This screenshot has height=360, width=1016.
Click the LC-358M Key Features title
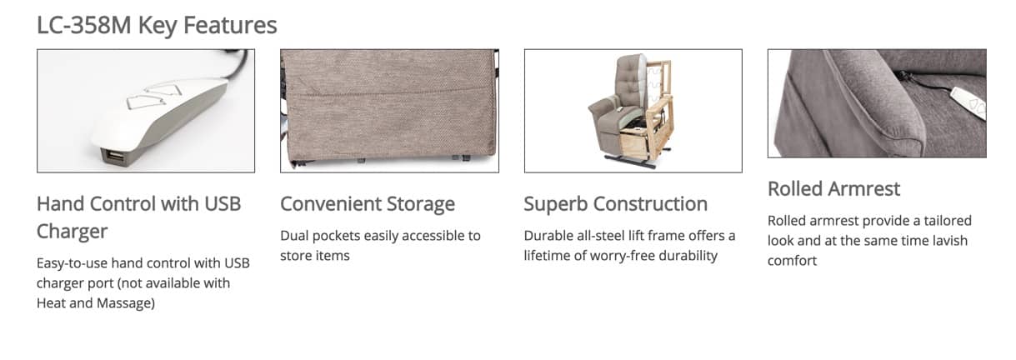coord(157,25)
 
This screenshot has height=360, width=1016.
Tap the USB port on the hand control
coord(114,157)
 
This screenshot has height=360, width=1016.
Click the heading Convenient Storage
coord(368,204)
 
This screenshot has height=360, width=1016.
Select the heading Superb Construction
coord(615,204)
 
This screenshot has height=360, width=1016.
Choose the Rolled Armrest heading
coord(833,188)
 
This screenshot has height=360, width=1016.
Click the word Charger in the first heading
coord(73,232)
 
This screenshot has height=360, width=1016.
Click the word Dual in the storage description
coord(294,236)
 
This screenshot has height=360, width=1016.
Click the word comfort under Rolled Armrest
coord(792,261)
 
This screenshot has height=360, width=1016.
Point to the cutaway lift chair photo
coord(633,111)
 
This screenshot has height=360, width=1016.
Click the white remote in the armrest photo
coord(968,103)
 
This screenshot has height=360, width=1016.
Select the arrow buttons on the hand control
coord(154,95)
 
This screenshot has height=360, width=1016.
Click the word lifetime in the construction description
coord(547,256)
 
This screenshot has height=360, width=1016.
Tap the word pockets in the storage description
coord(336,236)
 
